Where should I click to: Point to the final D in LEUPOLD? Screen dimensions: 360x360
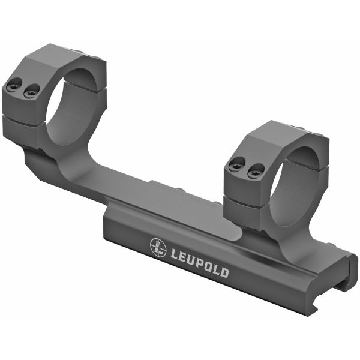pos(223,273)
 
